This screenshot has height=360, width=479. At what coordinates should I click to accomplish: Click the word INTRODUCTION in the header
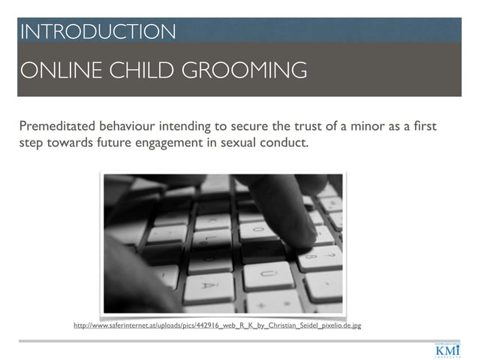98,32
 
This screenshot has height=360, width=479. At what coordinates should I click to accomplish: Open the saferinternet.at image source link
217,326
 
